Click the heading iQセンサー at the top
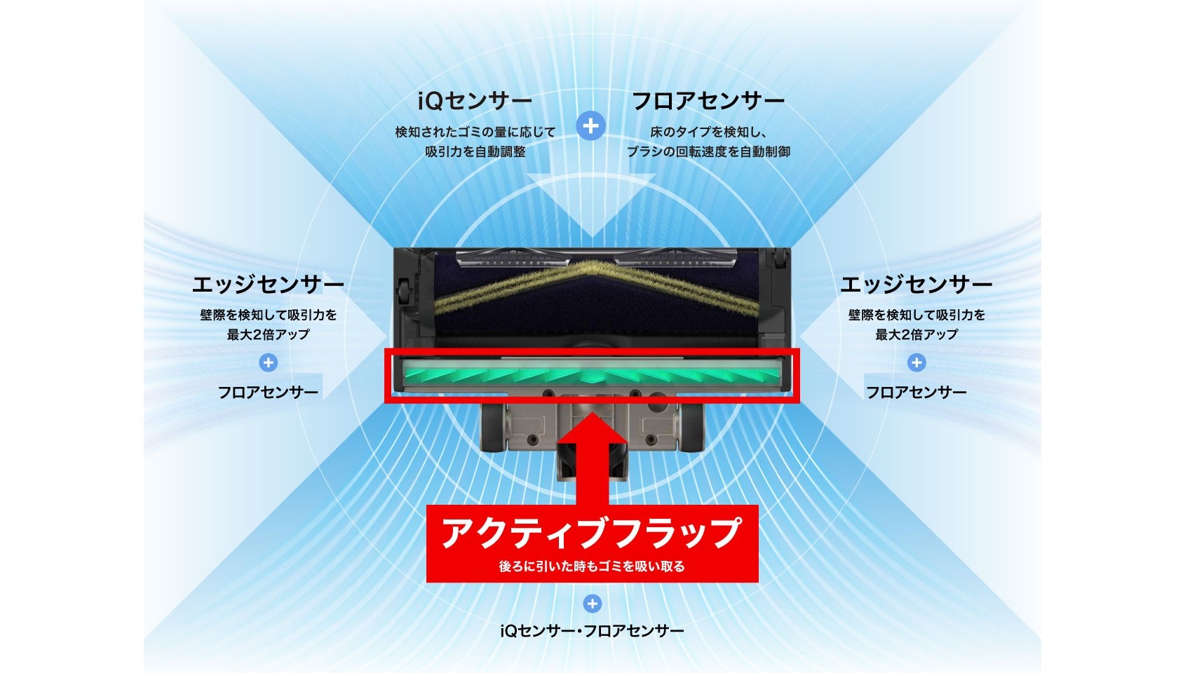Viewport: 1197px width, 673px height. pyautogui.click(x=475, y=101)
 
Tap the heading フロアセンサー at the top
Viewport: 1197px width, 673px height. pyautogui.click(x=708, y=101)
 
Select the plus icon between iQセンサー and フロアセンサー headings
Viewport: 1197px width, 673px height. pyautogui.click(x=591, y=126)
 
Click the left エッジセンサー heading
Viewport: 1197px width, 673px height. pyautogui.click(x=268, y=285)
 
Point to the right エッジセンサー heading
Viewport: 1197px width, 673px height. pyautogui.click(x=916, y=285)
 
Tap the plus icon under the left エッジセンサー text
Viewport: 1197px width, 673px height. pyautogui.click(x=269, y=362)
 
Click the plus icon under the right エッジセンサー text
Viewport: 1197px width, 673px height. pyautogui.click(x=917, y=362)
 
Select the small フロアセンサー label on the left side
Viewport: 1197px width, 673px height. pyautogui.click(x=268, y=393)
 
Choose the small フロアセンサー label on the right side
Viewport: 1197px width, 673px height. pyautogui.click(x=916, y=393)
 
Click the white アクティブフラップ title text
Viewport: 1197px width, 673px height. pyautogui.click(x=592, y=533)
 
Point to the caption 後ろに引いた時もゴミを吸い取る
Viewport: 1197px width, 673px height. pyautogui.click(x=592, y=566)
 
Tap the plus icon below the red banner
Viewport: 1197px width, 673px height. pyautogui.click(x=592, y=604)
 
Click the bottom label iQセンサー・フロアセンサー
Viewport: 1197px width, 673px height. pyautogui.click(x=592, y=632)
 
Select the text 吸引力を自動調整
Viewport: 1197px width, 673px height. pyautogui.click(x=475, y=151)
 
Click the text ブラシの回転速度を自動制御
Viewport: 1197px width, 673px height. pyautogui.click(x=708, y=151)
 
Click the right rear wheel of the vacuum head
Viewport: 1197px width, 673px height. pyautogui.click(x=691, y=428)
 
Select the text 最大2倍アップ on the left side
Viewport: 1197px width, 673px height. pyautogui.click(x=269, y=335)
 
